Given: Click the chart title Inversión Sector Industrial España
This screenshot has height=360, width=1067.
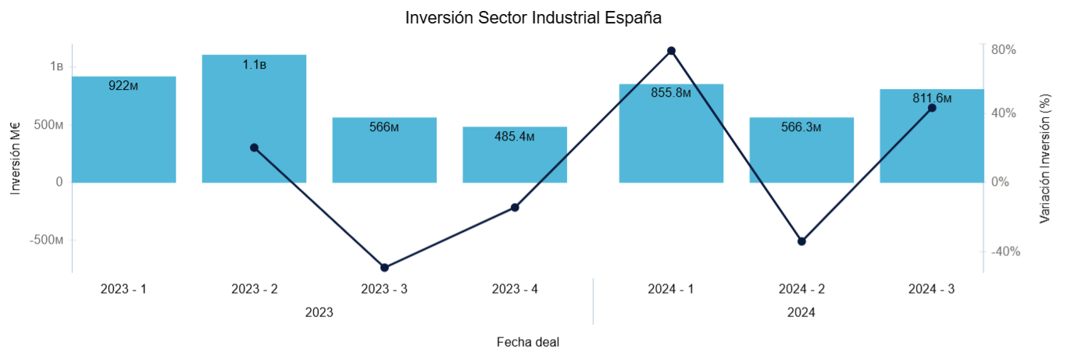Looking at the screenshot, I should coord(533,18).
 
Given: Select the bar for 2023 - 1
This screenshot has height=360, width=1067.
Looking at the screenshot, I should coord(123,133).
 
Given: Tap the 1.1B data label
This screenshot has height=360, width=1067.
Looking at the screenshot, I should coord(254,65).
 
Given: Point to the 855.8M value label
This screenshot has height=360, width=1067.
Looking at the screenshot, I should coord(671,93).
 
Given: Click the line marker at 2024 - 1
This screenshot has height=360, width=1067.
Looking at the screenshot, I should coord(671,51).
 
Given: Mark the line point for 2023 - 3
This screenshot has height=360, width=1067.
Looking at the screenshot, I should coord(384,268).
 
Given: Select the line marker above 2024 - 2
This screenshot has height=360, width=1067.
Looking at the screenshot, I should coord(801,241).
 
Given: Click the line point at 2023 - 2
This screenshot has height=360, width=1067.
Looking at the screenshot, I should coord(254,148).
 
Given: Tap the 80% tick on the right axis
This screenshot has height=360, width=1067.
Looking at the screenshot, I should coord(1003,49).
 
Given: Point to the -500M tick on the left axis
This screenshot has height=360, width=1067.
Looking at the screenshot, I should coord(48,240).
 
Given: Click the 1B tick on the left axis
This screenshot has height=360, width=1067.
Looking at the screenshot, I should coord(56,66).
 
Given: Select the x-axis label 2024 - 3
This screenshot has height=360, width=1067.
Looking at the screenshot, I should coord(931,289).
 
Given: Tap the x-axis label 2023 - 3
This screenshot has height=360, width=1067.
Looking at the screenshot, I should coord(384,289).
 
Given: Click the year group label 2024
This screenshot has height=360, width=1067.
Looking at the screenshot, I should coord(801,313).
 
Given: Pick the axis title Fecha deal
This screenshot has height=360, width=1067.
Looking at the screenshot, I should coord(528,342).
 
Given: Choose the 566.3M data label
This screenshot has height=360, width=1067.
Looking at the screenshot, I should coord(801,127).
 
